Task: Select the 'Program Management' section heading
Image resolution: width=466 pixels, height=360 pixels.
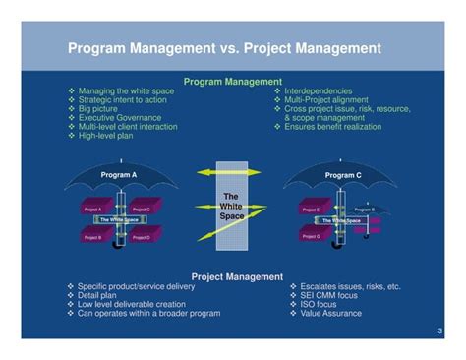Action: click(x=233, y=82)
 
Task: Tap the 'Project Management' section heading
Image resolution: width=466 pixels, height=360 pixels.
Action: click(x=233, y=277)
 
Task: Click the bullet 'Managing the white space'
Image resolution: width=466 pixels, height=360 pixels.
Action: click(x=128, y=90)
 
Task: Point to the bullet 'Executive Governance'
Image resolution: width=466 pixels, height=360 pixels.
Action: click(x=120, y=117)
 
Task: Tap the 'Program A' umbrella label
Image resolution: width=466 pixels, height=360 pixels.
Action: click(x=117, y=175)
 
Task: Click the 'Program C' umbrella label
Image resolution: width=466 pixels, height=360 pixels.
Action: click(x=343, y=175)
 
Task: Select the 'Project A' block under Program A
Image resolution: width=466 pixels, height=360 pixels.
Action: click(x=93, y=210)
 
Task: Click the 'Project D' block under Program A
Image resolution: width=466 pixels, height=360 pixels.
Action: click(x=141, y=237)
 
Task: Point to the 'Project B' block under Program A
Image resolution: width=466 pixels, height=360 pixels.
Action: click(x=93, y=237)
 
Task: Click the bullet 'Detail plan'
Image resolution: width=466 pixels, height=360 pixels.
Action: click(x=103, y=296)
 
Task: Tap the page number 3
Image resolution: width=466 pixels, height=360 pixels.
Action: click(x=440, y=331)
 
